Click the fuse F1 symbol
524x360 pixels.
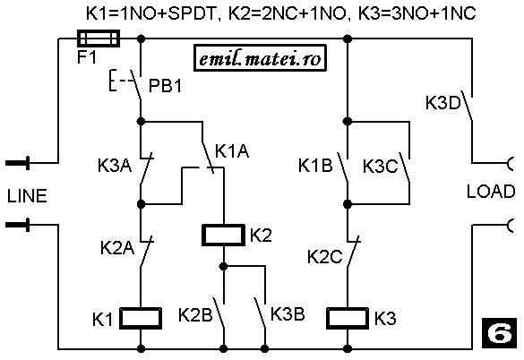coord(99,39)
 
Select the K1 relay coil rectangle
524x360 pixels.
coord(141,318)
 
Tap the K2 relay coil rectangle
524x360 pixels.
coord(223,236)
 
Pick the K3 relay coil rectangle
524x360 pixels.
coord(348,318)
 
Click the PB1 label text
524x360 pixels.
coord(165,86)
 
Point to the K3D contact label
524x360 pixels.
coord(443,103)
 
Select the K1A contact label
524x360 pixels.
coord(232,150)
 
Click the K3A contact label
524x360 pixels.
coord(115,165)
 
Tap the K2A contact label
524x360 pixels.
coord(117,248)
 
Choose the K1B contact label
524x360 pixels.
coord(315,165)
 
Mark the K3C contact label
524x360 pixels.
coord(381,167)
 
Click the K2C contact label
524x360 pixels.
coord(325,257)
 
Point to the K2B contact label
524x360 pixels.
coord(195,315)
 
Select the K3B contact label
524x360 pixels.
coord(288,313)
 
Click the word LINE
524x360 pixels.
coord(27,196)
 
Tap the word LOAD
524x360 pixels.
coord(491,192)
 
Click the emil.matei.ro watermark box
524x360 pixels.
coord(260,58)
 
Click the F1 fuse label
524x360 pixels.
coord(87,56)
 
